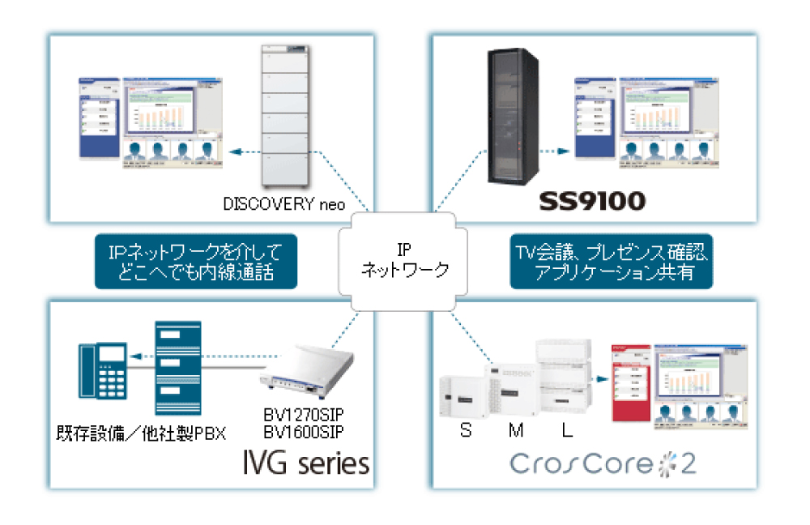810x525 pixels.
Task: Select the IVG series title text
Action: coord(306,464)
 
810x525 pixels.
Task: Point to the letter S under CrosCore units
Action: coord(465,431)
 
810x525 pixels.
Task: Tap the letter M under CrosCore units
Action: coord(515,431)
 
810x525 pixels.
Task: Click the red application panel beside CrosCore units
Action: coord(631,382)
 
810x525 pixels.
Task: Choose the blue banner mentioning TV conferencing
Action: coord(612,262)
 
